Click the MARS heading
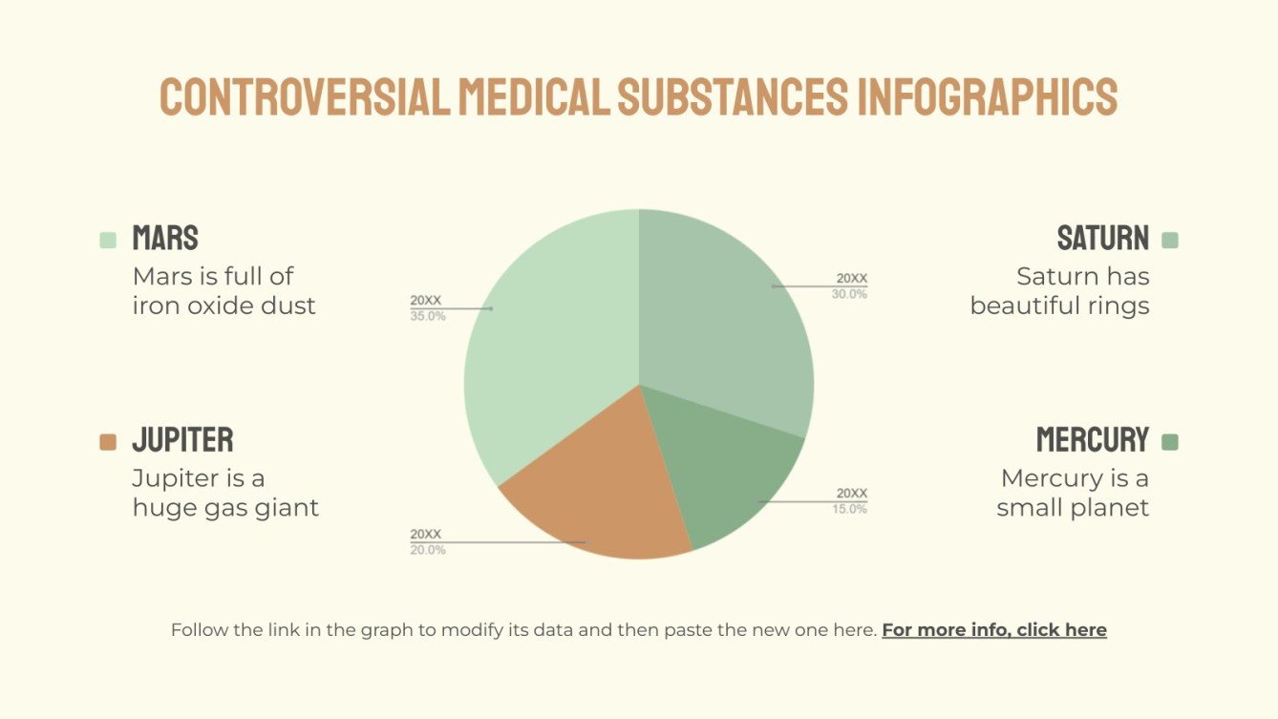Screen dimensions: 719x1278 click(x=165, y=238)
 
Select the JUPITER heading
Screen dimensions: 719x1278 click(x=182, y=440)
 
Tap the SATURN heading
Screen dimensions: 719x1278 click(x=1102, y=238)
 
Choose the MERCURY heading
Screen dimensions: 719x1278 click(x=1093, y=440)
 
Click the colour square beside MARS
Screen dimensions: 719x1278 click(x=108, y=240)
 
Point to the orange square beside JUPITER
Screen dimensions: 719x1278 click(x=108, y=442)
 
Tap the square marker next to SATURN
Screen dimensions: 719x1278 click(x=1170, y=240)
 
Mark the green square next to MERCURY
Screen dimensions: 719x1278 click(x=1170, y=442)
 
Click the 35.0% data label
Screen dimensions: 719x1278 click(x=428, y=316)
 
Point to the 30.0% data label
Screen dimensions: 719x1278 click(x=850, y=294)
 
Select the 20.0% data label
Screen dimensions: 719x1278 click(x=428, y=550)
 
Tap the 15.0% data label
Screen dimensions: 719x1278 click(x=850, y=509)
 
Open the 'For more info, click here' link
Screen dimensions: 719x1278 click(x=994, y=630)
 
